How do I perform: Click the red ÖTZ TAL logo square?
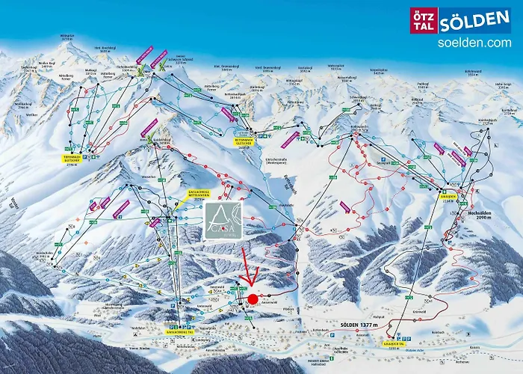pyautogui.click(x=422, y=20)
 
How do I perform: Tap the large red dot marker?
pyautogui.click(x=253, y=299)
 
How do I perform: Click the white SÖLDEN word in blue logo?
pyautogui.click(x=474, y=20)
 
